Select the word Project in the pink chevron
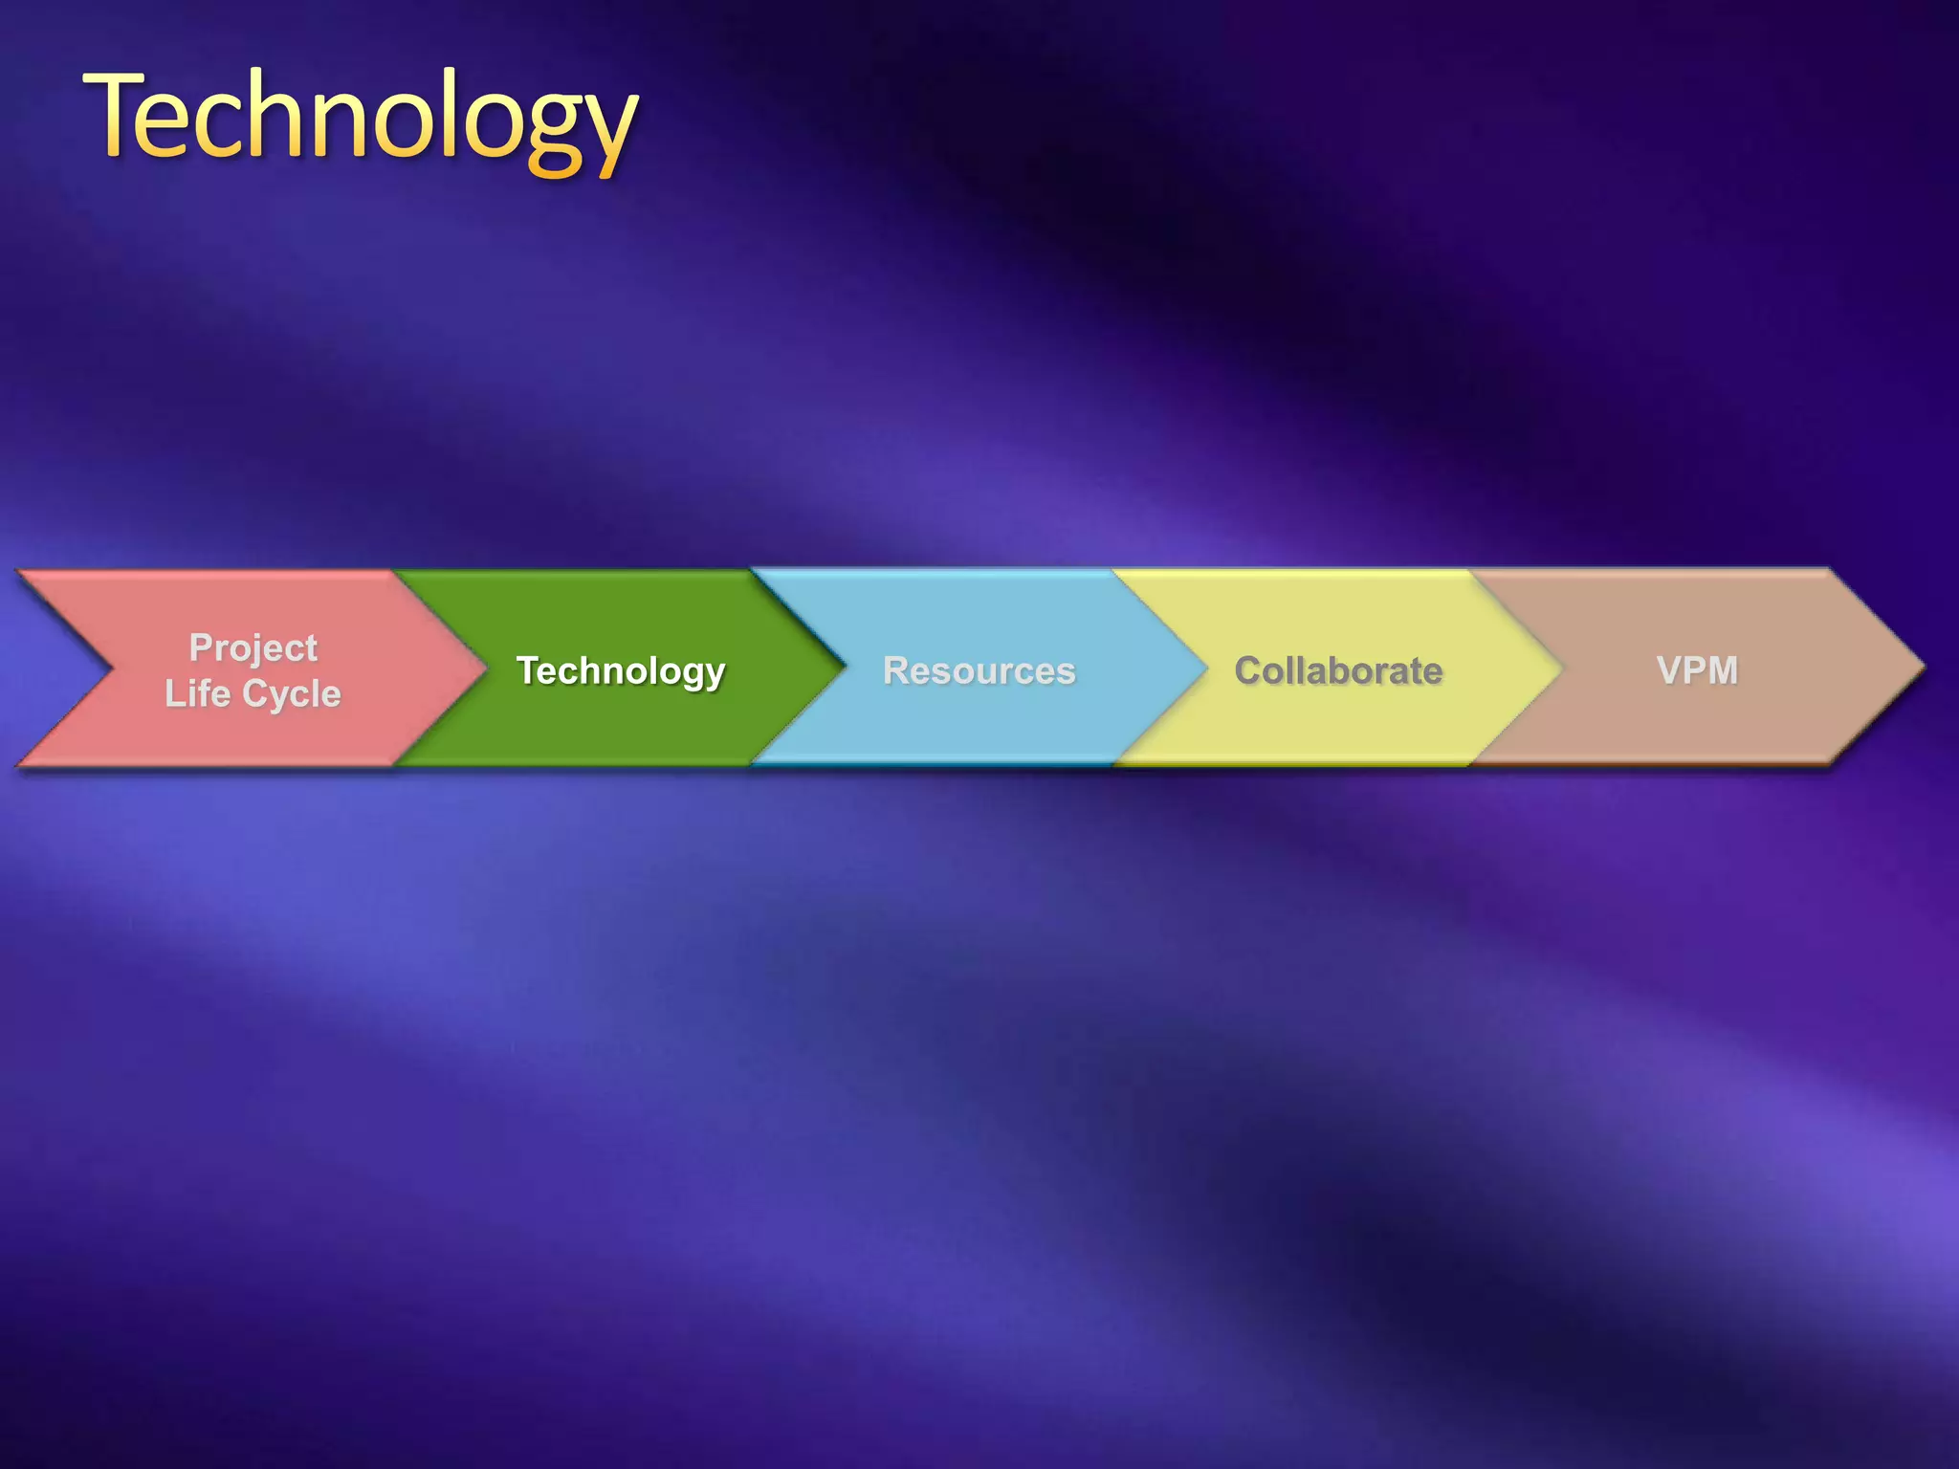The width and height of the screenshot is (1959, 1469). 253,647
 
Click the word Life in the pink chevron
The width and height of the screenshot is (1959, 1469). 196,693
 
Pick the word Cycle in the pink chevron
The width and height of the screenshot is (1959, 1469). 291,693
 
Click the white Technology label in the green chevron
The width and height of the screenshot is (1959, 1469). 621,670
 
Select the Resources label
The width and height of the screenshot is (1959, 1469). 979,670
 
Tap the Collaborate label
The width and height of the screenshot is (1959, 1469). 1337,670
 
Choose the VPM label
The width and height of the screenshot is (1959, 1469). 1697,669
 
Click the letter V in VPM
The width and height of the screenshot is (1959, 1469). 1669,669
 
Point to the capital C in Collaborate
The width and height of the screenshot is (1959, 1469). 1248,670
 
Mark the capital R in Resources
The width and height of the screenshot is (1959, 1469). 896,670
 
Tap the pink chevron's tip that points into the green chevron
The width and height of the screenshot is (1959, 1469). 484,668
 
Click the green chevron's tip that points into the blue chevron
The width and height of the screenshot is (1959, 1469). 843,668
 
